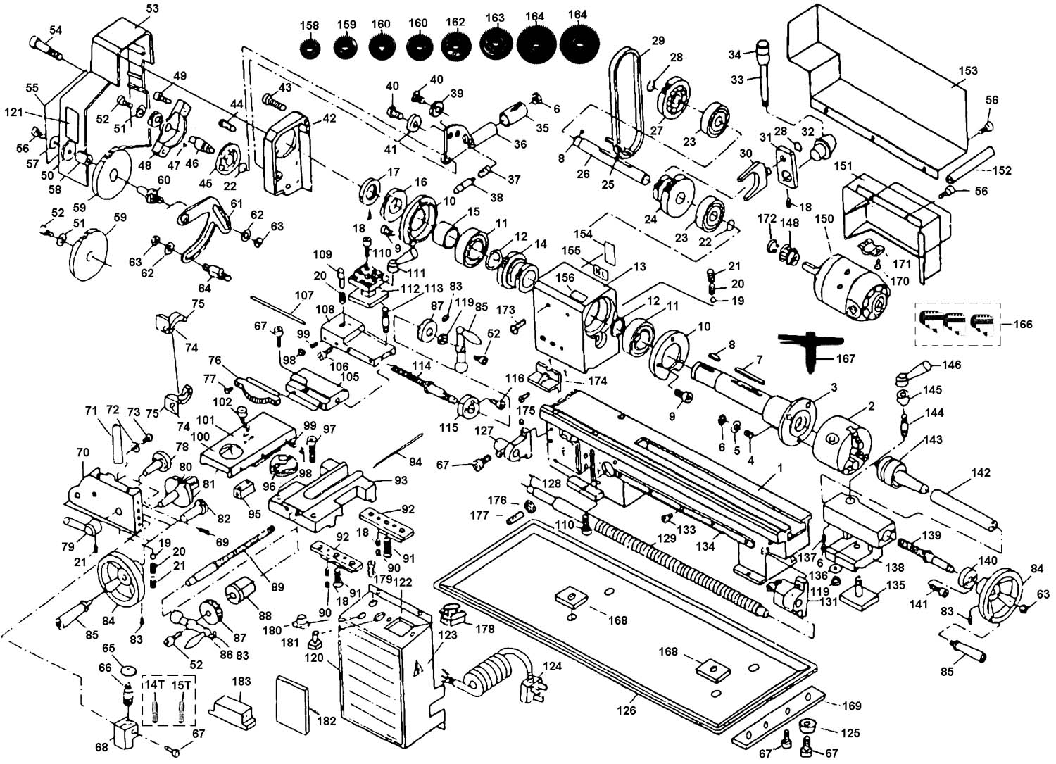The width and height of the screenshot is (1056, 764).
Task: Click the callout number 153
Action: click(x=968, y=71)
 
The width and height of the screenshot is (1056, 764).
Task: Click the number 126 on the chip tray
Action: click(x=626, y=710)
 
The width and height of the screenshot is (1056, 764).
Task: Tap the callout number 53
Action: click(x=152, y=8)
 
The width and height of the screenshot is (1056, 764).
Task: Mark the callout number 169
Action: click(x=852, y=706)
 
